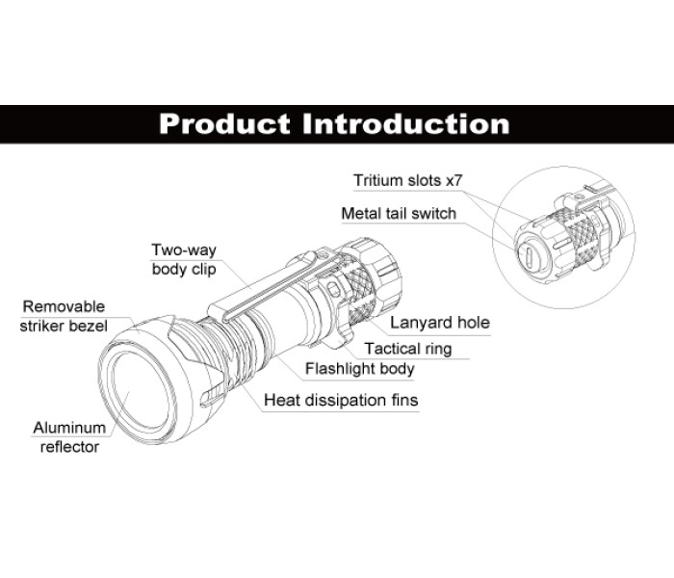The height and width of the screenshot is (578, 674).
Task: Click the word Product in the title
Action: click(x=224, y=124)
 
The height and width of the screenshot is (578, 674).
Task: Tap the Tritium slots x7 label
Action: click(x=409, y=180)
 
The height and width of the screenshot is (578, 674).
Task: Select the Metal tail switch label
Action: click(x=399, y=213)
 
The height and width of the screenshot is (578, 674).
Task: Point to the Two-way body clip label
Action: click(x=183, y=259)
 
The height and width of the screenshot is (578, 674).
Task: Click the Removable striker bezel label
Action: click(x=64, y=316)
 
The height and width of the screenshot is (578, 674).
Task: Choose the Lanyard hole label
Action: click(x=439, y=323)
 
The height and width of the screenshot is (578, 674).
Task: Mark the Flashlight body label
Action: click(x=359, y=368)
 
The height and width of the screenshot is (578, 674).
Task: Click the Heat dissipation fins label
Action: click(x=341, y=399)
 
